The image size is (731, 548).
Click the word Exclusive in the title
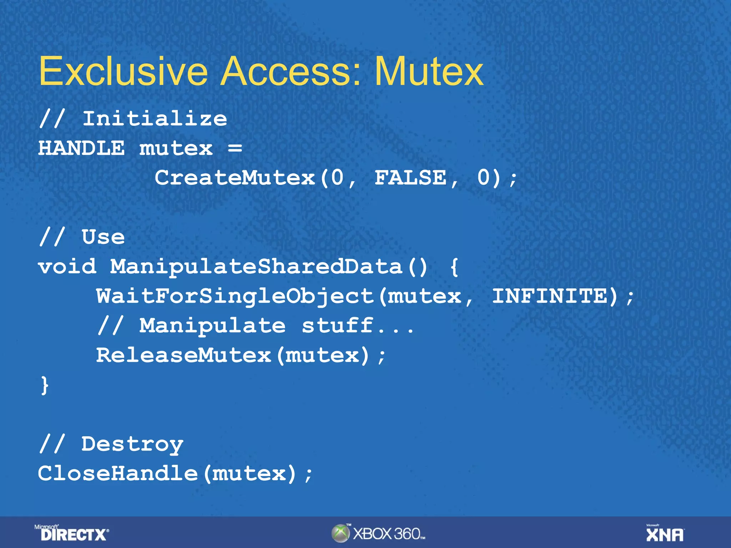(123, 71)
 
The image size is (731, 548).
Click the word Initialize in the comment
(155, 118)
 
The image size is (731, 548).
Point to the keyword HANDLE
(81, 148)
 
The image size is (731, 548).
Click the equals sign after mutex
(235, 148)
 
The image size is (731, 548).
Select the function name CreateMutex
(235, 178)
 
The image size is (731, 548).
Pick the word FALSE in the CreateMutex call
(410, 178)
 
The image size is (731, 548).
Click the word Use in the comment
(103, 237)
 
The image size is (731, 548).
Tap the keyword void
(67, 267)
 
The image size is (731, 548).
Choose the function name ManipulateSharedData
(256, 267)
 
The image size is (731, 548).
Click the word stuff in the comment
(337, 326)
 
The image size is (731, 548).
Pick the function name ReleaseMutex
(184, 355)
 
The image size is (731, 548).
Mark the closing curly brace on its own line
(45, 386)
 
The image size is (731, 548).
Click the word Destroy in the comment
(132, 444)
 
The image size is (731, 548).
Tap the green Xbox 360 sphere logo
(340, 533)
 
